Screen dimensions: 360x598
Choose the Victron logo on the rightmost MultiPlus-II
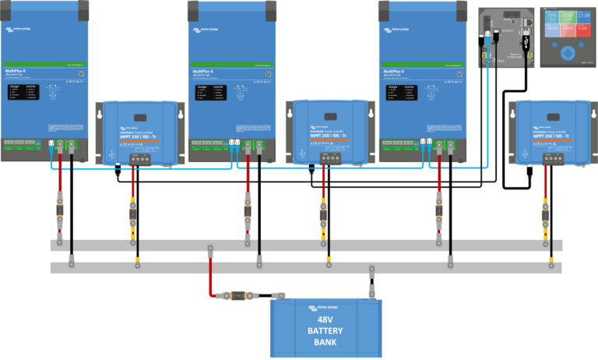point(396,30)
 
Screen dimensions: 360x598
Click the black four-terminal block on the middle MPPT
point(331,159)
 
